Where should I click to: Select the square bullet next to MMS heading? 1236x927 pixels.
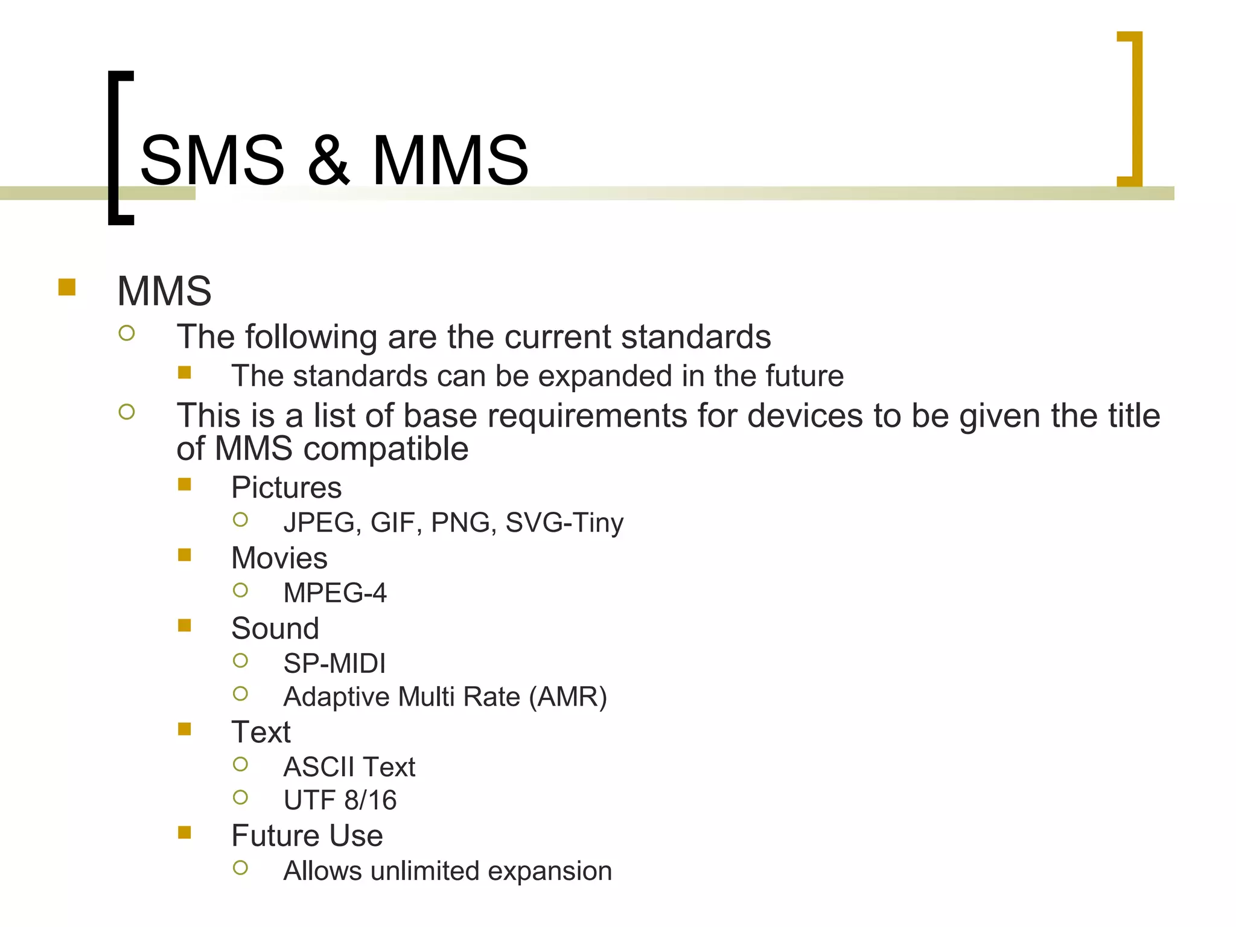point(67,287)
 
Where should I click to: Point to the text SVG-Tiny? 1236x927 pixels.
point(564,523)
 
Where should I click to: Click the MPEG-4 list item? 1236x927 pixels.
point(335,593)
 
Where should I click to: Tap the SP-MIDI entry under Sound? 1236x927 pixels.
point(334,663)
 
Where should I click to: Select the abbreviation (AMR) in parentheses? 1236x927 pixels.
point(568,697)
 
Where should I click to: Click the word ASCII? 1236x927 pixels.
point(319,767)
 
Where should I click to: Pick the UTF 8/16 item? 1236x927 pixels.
point(340,800)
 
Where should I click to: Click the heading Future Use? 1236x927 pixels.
point(307,836)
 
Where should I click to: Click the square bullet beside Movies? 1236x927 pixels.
point(185,555)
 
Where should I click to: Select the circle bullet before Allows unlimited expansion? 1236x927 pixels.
point(240,868)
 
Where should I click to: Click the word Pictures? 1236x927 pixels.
point(286,488)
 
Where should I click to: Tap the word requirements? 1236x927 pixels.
point(587,416)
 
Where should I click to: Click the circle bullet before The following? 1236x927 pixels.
point(127,333)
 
